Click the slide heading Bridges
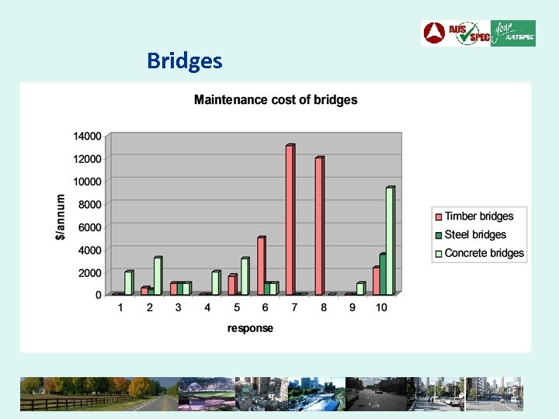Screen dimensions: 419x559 [x=184, y=61]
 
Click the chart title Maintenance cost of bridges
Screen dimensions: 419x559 [x=276, y=99]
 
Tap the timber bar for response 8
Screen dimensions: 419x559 [x=318, y=226]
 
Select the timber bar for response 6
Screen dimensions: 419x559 [x=261, y=265]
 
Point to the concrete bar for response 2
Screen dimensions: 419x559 [x=157, y=275]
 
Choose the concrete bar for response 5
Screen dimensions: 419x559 [x=245, y=276]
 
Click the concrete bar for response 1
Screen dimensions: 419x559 [x=128, y=282]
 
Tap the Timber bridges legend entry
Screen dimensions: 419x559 [x=478, y=216]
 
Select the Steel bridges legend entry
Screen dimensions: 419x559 [x=474, y=235]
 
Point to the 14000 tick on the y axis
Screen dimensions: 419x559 [x=87, y=136]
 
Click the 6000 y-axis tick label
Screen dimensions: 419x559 [x=89, y=227]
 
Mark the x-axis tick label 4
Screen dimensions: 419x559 [x=207, y=308]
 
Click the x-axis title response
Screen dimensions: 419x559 [x=250, y=328]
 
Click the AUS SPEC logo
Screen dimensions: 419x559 [x=456, y=33]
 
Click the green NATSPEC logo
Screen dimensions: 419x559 [x=513, y=33]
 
